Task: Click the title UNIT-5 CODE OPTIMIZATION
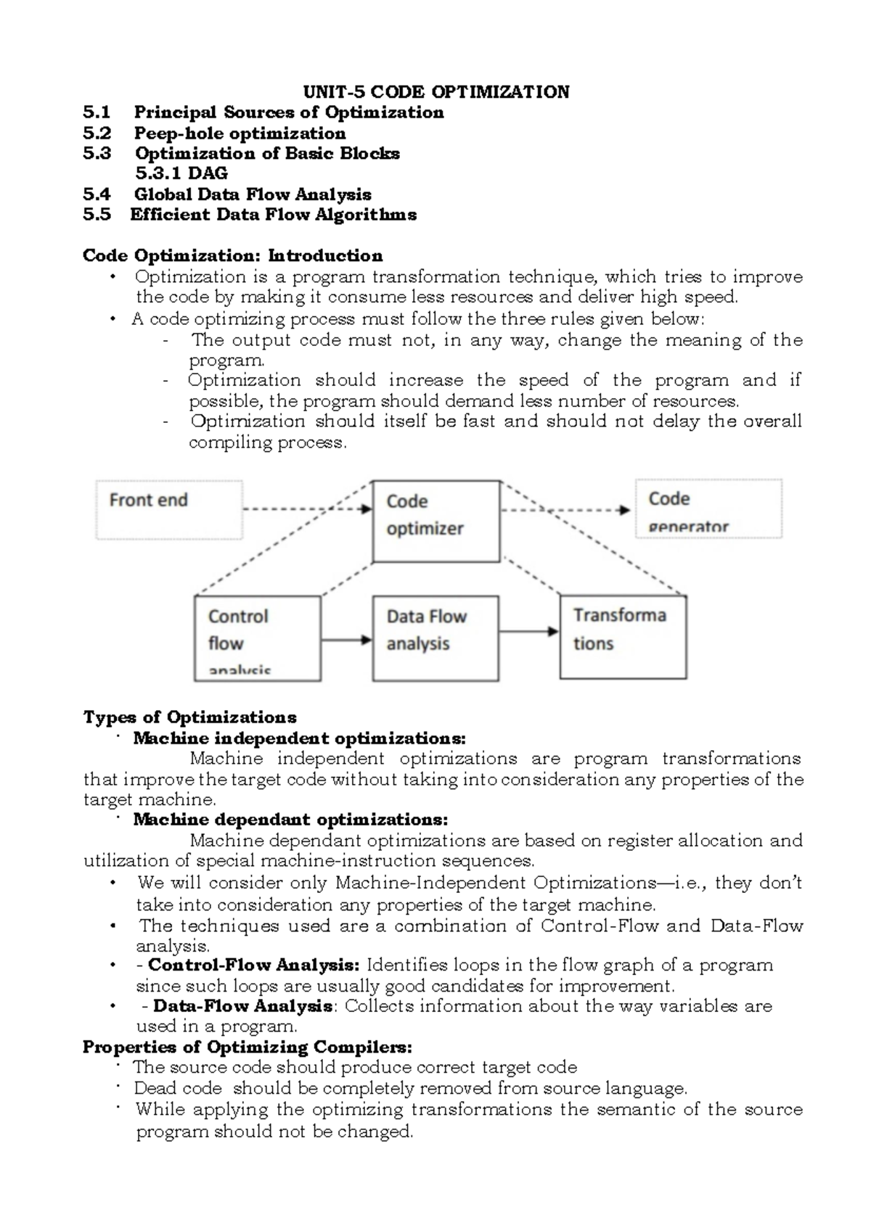435,92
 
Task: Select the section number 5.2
97,133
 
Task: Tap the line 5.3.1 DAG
181,173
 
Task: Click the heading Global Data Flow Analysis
253,194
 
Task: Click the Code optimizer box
435,520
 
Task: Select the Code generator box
708,509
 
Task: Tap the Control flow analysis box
257,638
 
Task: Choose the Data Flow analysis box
435,638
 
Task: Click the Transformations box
623,636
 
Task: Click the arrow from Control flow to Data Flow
346,639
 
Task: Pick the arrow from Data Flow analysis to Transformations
529,632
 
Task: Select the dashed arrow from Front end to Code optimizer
306,509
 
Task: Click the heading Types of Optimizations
189,717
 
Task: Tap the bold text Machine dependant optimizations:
290,820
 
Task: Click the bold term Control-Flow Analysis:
253,966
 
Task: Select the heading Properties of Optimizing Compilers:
248,1047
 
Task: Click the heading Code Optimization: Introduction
232,256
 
